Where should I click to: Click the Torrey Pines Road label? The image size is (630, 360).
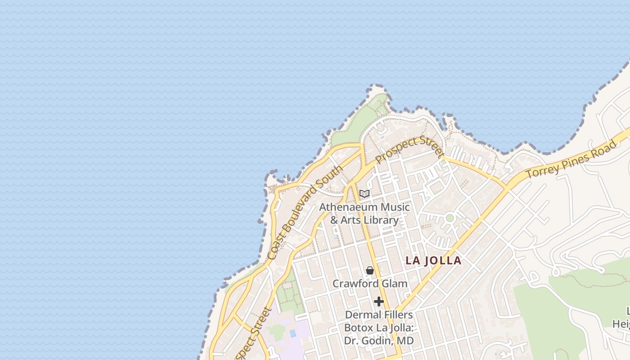tap(571, 160)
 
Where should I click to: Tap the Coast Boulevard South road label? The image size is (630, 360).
tap(305, 212)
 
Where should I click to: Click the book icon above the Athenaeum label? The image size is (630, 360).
tap(364, 194)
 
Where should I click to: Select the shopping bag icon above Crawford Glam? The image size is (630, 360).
tap(370, 270)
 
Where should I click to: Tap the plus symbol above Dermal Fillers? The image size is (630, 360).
tap(379, 301)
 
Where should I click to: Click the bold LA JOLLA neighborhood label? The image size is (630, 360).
tap(433, 261)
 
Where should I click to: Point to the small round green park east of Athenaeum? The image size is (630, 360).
tap(450, 218)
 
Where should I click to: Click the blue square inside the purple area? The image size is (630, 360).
tap(293, 334)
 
